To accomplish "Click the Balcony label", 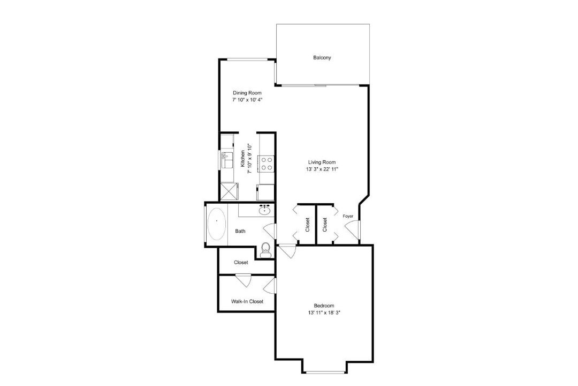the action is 322,57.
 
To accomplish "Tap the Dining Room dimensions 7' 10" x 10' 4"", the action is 247,100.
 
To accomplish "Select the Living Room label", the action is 322,162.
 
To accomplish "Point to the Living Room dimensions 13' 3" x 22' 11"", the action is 322,169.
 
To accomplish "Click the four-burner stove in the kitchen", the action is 267,164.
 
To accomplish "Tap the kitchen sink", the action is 227,160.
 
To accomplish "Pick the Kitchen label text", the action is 243,159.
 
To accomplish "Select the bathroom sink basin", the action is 265,210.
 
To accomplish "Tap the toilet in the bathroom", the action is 265,250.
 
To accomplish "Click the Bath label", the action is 240,231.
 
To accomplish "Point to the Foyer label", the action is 348,216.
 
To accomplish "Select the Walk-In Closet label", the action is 247,301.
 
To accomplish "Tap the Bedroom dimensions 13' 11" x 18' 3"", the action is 324,313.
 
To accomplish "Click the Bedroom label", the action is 324,306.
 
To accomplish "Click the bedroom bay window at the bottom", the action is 325,372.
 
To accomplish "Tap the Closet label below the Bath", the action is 241,263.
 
